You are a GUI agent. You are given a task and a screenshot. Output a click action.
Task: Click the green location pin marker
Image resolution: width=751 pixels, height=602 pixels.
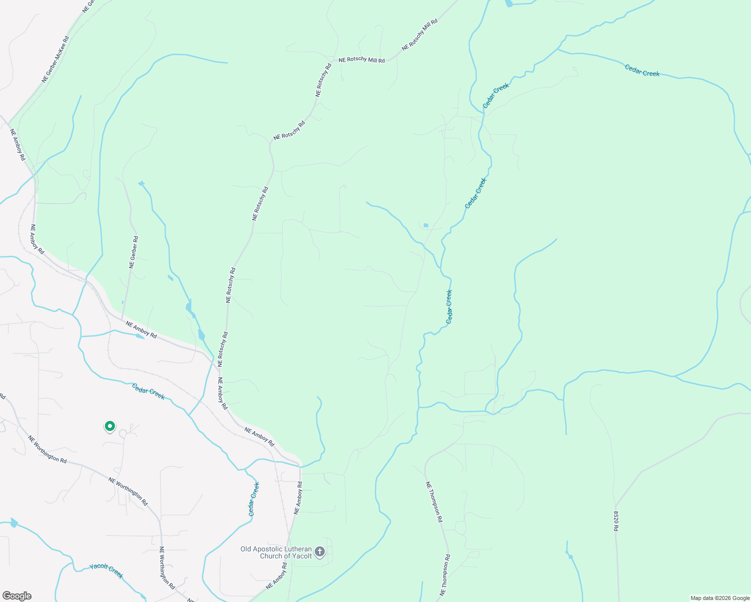click(109, 426)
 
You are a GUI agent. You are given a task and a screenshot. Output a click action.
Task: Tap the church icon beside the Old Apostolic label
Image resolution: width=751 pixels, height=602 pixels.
click(320, 552)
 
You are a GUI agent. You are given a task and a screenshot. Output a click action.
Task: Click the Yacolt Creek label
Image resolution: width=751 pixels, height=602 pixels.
click(106, 571)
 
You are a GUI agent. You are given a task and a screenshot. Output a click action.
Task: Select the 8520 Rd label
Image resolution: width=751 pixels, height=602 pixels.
click(616, 521)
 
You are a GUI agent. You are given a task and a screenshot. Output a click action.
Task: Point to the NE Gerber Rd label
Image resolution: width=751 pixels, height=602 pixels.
click(134, 252)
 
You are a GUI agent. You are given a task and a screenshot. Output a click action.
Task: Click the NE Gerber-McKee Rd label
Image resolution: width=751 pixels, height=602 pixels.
click(55, 59)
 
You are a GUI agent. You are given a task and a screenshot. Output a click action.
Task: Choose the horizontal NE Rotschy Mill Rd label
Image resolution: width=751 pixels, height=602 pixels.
click(361, 60)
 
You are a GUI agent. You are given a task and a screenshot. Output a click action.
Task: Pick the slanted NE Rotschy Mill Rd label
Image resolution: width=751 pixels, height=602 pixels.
click(420, 35)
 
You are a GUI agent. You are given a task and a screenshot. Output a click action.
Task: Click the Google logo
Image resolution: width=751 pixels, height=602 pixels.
click(17, 596)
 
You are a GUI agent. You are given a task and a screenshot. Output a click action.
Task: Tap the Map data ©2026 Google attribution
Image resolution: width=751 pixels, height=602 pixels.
click(719, 598)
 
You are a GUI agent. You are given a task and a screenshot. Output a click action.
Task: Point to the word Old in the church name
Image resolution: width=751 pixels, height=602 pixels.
click(246, 549)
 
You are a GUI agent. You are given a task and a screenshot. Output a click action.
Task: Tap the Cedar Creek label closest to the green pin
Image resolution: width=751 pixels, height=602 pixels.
click(148, 391)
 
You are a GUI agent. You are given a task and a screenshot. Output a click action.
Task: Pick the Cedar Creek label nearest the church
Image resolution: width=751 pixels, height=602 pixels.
click(254, 499)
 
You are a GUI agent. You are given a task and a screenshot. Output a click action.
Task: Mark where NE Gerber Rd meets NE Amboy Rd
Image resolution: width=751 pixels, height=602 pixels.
click(122, 318)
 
